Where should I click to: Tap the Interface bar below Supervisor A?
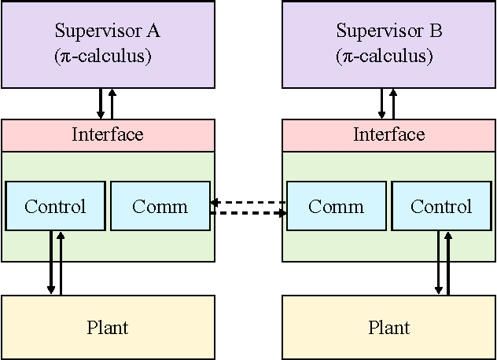pos(108,135)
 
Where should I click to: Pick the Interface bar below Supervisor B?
pos(388,135)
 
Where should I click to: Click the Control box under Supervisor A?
pos(55,207)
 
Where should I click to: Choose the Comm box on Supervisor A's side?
pos(160,207)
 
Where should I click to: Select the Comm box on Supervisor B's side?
pos(336,207)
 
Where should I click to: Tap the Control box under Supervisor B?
pos(441,207)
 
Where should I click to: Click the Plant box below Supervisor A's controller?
pos(108,327)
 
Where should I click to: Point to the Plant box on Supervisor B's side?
pos(388,327)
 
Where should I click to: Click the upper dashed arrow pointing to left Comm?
pos(248,203)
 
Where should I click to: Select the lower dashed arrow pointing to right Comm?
pos(248,212)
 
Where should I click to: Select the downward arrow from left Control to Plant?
pos(51,263)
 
